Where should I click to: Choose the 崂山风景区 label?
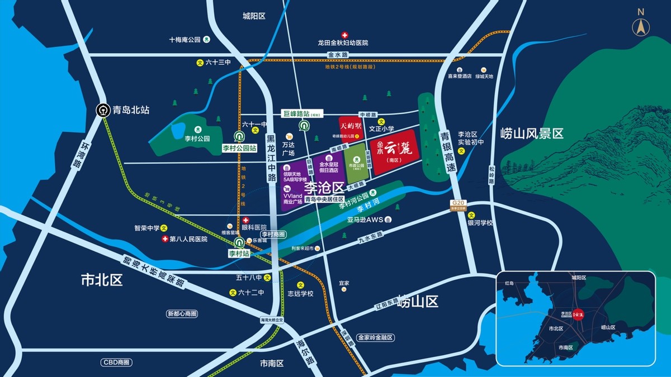coord(531,133)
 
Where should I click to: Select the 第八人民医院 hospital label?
coord(188,239)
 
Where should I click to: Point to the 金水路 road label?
coord(337,55)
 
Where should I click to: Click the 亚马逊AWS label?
coord(365,219)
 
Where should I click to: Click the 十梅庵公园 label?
coord(185,40)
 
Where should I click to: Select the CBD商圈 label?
coord(116,362)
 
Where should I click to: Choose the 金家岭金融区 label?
coord(376,338)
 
